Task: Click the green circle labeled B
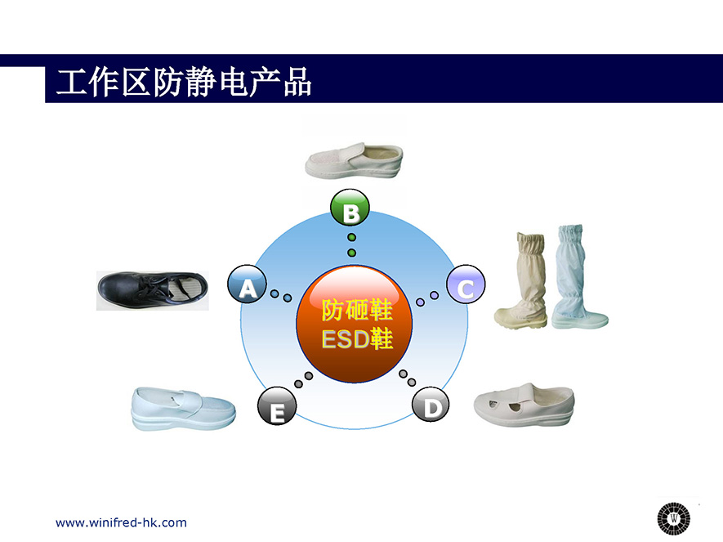click(x=350, y=208)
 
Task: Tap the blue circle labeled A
click(x=248, y=284)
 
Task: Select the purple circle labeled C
click(x=466, y=284)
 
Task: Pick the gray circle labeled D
click(x=431, y=405)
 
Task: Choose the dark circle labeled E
click(x=277, y=406)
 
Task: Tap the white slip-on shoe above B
click(x=354, y=160)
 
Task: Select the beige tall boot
click(x=521, y=280)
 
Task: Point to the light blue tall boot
click(x=579, y=277)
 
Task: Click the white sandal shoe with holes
click(x=524, y=405)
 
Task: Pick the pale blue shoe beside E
click(x=184, y=409)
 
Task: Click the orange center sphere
click(x=354, y=325)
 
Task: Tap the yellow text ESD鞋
click(x=357, y=339)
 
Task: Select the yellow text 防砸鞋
click(x=357, y=310)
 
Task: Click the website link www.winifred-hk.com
click(x=121, y=522)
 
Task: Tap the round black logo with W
click(x=674, y=518)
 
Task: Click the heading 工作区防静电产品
click(x=184, y=83)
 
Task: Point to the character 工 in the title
click(x=71, y=83)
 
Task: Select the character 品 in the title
click(x=297, y=83)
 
